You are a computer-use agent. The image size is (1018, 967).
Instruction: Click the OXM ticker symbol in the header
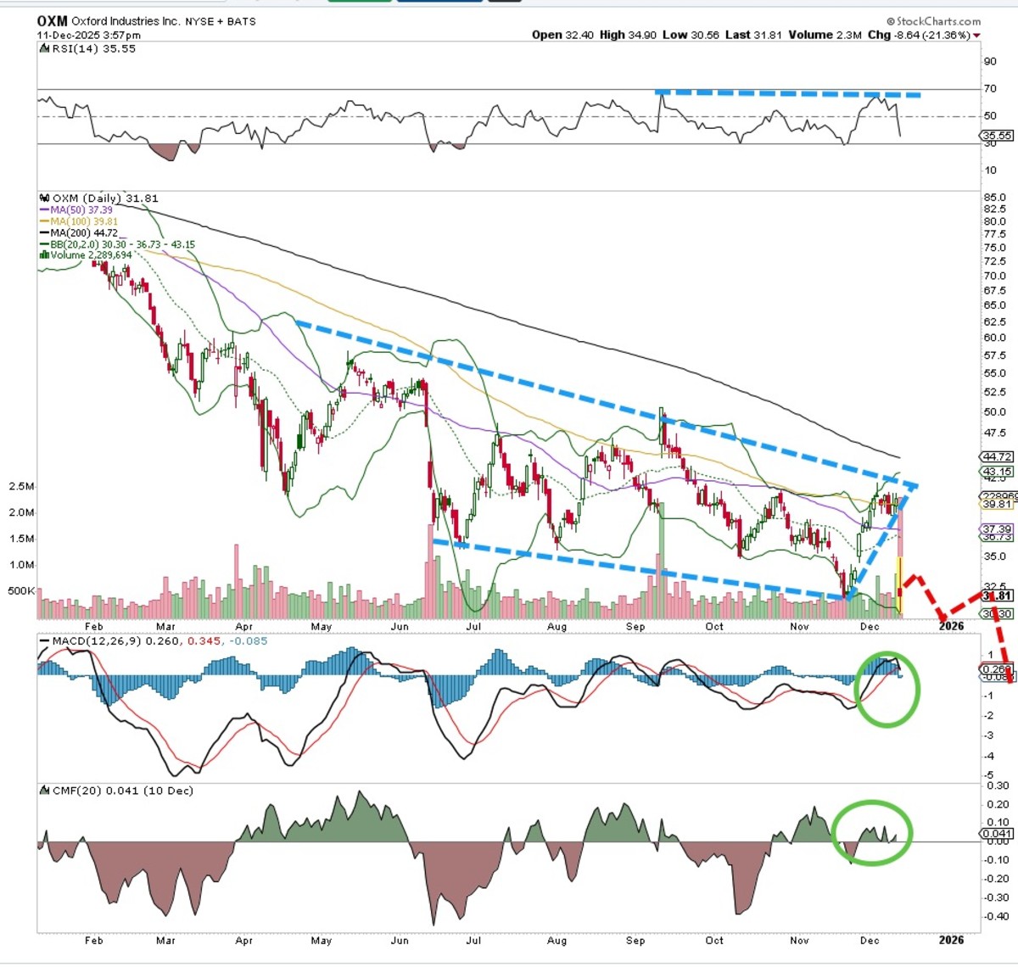tap(52, 20)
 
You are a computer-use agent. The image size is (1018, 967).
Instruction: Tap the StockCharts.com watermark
tap(933, 21)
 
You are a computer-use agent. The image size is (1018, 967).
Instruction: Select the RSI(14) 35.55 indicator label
tap(87, 49)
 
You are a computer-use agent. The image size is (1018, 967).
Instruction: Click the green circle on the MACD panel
tap(887, 689)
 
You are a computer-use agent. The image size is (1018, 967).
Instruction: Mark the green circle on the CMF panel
tap(872, 832)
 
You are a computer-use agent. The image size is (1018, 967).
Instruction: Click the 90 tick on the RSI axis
tap(990, 61)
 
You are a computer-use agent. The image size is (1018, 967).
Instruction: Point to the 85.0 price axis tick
tap(994, 198)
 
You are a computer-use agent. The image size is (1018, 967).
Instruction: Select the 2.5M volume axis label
tap(21, 486)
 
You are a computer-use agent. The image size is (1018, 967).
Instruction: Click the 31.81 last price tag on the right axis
tap(997, 596)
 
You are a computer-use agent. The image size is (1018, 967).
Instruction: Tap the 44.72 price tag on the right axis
tap(997, 456)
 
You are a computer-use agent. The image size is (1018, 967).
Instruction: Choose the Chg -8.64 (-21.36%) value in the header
tap(927, 35)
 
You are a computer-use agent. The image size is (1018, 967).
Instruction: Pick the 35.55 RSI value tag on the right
tap(997, 136)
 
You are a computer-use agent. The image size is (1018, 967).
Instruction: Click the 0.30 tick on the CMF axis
tap(998, 786)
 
